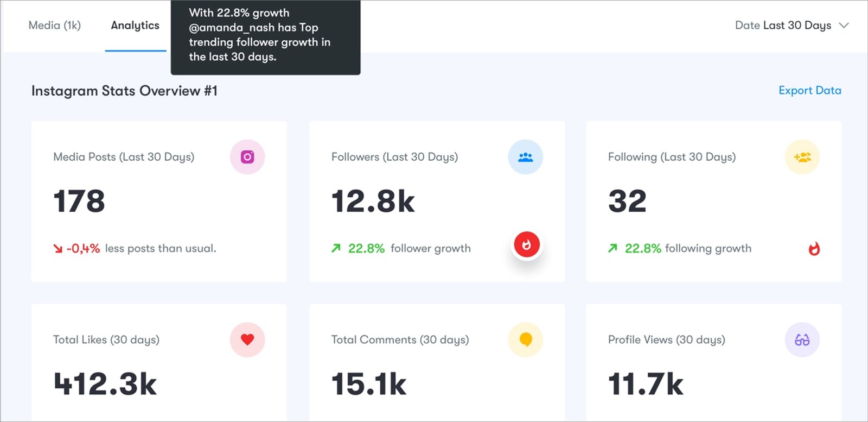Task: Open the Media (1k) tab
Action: [54, 26]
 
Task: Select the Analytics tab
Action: [135, 26]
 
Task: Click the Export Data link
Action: [809, 91]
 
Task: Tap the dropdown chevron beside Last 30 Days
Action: [844, 26]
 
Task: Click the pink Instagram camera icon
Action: [247, 157]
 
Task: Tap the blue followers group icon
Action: [525, 157]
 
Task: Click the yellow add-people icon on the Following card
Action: [802, 157]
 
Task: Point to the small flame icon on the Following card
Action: [814, 249]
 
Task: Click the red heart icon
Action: [247, 339]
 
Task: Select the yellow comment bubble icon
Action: [525, 339]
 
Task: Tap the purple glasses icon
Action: [802, 340]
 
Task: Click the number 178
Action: [79, 201]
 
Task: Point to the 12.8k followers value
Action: [373, 201]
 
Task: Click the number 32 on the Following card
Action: [627, 201]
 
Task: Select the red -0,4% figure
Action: [83, 249]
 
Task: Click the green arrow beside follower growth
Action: [336, 248]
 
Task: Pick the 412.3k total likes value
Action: [105, 384]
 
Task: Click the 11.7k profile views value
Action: [646, 384]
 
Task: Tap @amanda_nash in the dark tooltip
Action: [232, 28]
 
